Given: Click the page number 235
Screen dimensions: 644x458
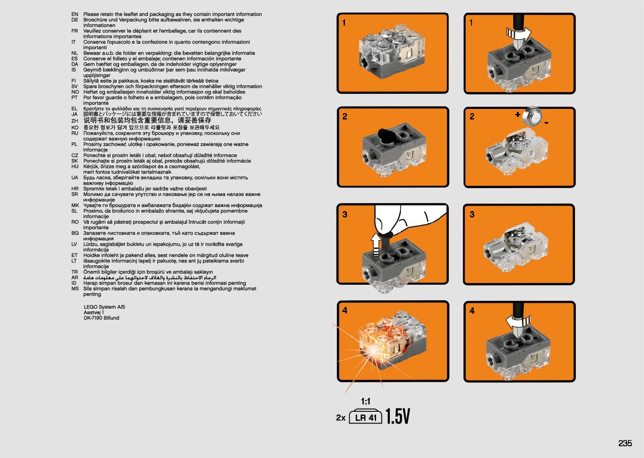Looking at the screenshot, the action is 625,443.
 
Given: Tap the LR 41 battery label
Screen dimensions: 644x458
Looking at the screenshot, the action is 366,417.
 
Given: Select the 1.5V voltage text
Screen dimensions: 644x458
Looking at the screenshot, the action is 398,417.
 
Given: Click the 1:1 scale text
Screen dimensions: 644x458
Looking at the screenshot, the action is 366,401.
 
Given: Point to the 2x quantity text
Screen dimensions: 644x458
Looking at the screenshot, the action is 341,418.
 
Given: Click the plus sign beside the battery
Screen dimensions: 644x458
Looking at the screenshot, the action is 517,114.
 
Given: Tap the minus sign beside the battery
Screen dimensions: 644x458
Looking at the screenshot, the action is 546,123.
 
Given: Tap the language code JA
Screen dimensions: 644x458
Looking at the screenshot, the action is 74,114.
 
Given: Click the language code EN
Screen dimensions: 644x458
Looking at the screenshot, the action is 74,14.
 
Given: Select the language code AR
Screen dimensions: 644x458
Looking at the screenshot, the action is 74,278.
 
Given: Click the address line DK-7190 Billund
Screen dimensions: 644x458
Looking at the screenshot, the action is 101,318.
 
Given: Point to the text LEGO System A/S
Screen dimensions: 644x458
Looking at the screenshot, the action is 104,307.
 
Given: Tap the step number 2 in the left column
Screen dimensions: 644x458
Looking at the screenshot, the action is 345,116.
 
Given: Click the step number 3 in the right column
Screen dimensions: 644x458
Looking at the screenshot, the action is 472,214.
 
